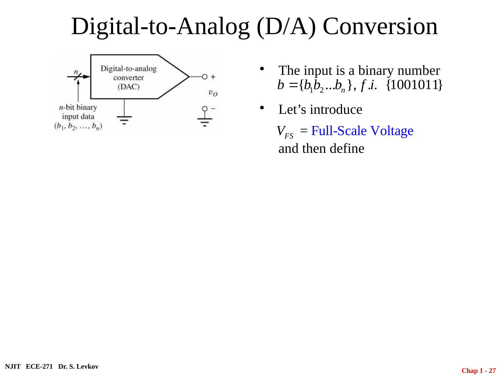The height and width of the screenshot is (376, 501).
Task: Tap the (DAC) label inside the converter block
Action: [128, 87]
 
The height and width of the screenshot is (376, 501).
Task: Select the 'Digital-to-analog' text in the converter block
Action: [128, 68]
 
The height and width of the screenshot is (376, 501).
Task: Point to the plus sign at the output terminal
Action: [213, 77]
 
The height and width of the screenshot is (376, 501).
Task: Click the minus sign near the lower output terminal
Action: [213, 108]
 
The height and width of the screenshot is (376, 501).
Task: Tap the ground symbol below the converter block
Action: [124, 120]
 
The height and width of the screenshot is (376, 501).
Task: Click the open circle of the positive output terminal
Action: [205, 77]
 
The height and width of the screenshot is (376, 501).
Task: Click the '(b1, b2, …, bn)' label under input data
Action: [78, 126]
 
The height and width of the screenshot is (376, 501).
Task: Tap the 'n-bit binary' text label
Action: [78, 107]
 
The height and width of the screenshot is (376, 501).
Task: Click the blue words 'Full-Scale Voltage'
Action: [362, 131]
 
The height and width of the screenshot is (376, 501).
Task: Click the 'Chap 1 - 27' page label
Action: [478, 371]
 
